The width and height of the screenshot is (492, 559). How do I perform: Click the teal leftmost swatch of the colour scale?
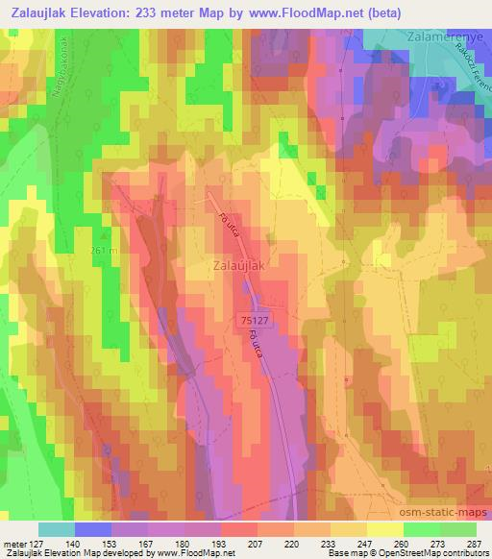coord(57,529)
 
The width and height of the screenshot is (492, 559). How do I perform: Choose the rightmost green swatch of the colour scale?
coord(457,529)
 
